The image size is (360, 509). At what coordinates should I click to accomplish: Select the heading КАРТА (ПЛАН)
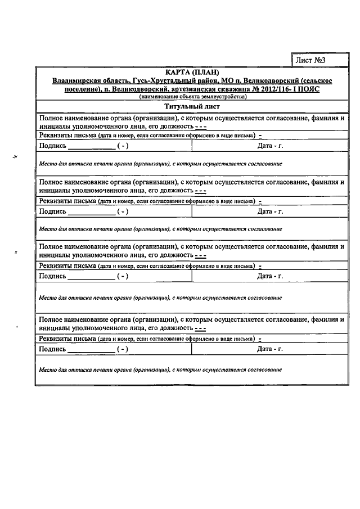(x=192, y=73)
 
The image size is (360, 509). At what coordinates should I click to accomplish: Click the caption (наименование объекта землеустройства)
(x=192, y=97)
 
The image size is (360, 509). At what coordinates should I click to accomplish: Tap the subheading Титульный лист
(x=192, y=106)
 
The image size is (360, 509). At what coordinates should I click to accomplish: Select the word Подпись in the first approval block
(x=52, y=146)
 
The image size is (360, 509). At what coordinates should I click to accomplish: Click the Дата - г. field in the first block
(x=269, y=146)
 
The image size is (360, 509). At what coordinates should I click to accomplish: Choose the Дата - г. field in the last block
(x=269, y=349)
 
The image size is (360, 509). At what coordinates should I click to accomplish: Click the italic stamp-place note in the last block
(x=160, y=370)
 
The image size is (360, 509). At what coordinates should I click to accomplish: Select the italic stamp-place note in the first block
(x=160, y=163)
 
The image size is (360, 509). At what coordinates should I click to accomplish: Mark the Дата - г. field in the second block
(x=269, y=211)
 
